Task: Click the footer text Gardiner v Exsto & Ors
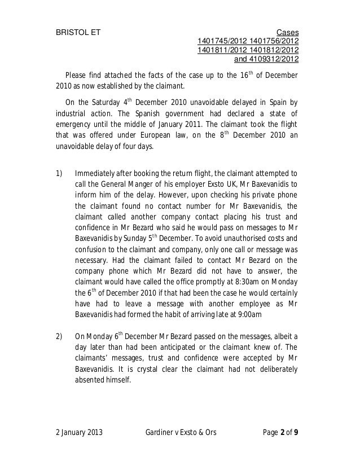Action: (180, 433)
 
